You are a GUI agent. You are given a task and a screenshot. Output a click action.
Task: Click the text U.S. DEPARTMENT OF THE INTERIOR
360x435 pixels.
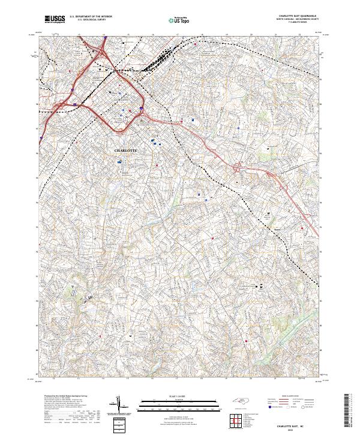click(91, 17)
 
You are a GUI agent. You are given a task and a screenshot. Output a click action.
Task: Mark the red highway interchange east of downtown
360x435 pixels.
click(240, 169)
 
